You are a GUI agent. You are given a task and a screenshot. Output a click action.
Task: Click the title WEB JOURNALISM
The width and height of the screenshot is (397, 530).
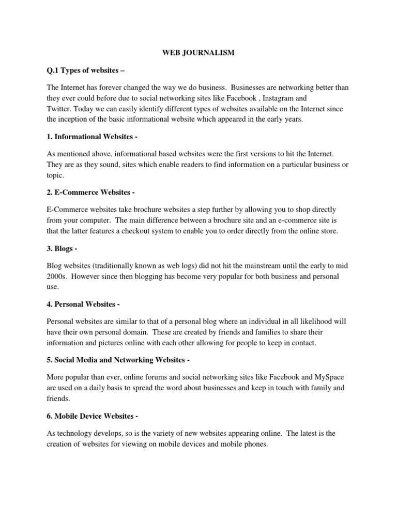198,52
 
